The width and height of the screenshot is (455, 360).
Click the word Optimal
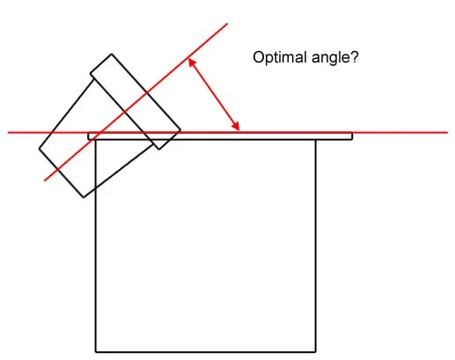pyautogui.click(x=280, y=58)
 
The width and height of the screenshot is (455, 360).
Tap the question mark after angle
pyautogui.click(x=354, y=57)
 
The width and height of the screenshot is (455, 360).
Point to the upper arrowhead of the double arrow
pyautogui.click(x=191, y=62)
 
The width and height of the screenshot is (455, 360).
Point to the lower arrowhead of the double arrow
pyautogui.click(x=236, y=126)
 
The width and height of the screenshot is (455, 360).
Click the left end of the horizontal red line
pyautogui.click(x=8, y=133)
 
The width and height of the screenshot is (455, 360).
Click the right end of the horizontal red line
pyautogui.click(x=447, y=133)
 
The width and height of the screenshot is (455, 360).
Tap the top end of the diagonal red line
pyautogui.click(x=227, y=24)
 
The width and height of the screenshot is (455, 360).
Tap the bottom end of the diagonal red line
pyautogui.click(x=45, y=180)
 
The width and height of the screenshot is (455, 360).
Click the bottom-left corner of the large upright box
pyautogui.click(x=96, y=351)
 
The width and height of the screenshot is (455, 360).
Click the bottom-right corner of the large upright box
pyautogui.click(x=316, y=351)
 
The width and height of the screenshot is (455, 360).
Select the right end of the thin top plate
pyautogui.click(x=352, y=136)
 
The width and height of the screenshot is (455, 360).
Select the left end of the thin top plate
pyautogui.click(x=89, y=136)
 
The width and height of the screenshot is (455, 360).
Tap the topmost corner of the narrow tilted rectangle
pyautogui.click(x=111, y=54)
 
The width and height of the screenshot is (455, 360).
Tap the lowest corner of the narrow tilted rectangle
pyautogui.click(x=159, y=149)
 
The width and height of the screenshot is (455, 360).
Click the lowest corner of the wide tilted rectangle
pyautogui.click(x=84, y=197)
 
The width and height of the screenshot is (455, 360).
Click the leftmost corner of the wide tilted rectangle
pyautogui.click(x=40, y=148)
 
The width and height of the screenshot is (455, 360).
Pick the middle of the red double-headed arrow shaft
pyautogui.click(x=214, y=94)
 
